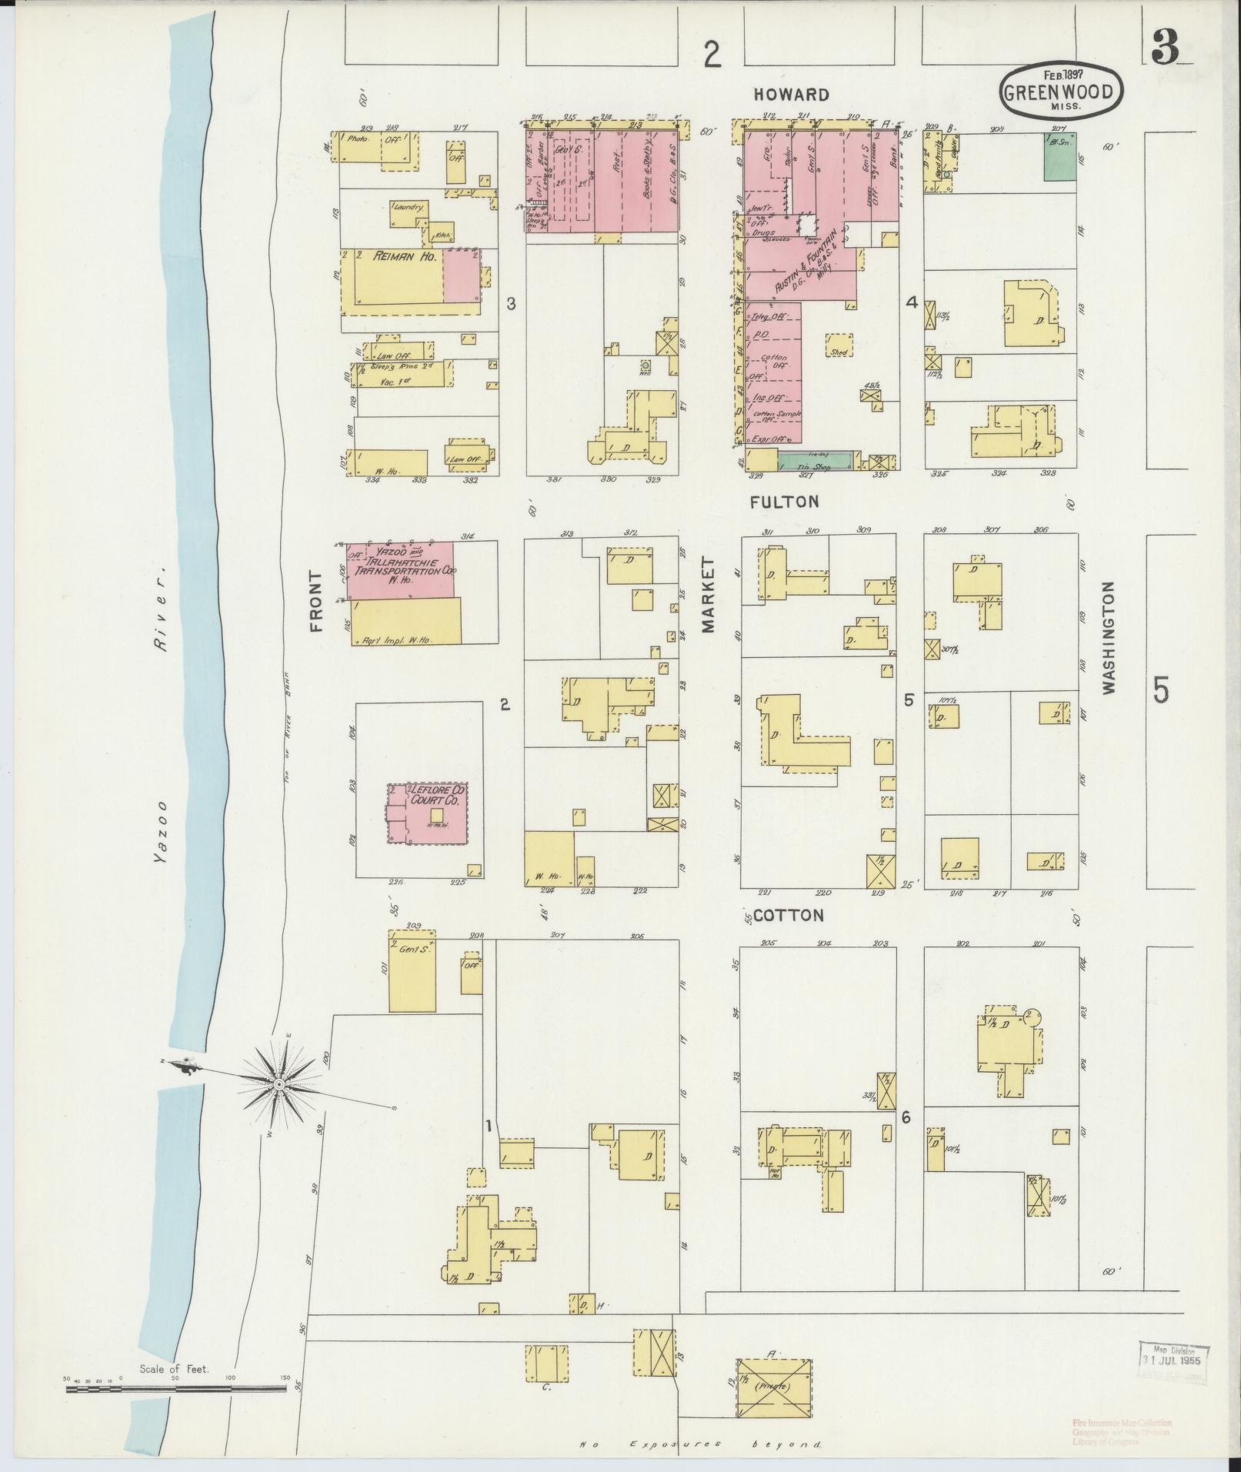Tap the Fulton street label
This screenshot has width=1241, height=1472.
(x=784, y=502)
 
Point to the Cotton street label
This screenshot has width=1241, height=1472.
(x=788, y=916)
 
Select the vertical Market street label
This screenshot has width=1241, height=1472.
(x=708, y=596)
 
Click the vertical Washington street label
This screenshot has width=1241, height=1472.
(x=1109, y=639)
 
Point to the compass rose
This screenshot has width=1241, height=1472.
(x=279, y=1084)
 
